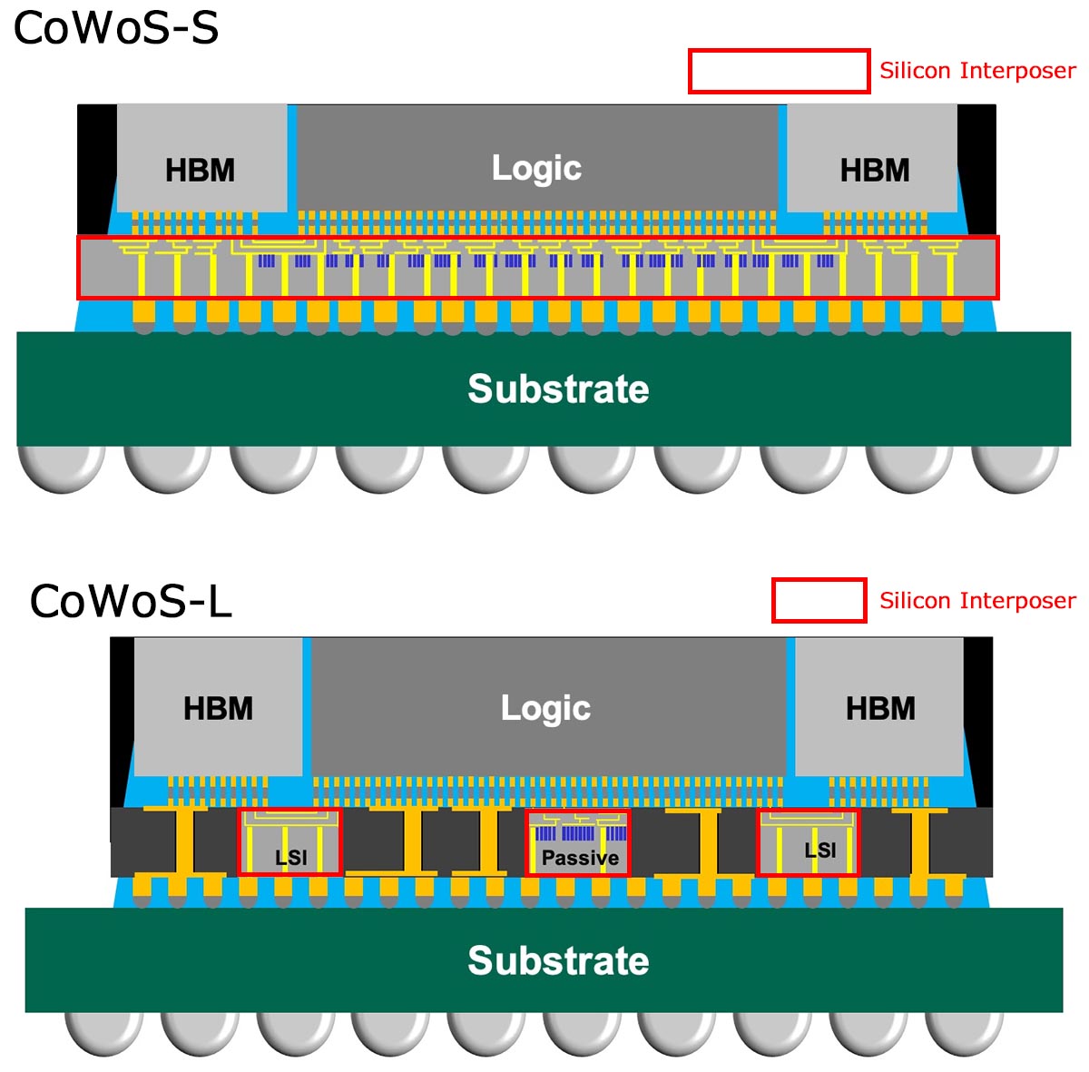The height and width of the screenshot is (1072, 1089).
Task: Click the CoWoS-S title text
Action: click(115, 28)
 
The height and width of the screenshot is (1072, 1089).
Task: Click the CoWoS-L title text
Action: click(131, 601)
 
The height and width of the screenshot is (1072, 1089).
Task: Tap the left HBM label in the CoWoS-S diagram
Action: click(200, 170)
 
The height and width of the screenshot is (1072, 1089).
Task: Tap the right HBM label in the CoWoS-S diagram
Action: click(874, 170)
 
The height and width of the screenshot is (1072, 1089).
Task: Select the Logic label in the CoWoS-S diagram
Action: click(536, 168)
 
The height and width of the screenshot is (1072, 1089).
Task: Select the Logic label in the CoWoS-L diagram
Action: click(545, 708)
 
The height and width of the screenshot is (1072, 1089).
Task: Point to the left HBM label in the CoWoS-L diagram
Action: click(218, 708)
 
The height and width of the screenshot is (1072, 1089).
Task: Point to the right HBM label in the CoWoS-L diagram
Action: click(880, 708)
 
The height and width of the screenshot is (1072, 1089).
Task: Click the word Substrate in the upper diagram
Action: click(558, 388)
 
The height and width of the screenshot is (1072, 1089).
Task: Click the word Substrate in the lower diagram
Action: click(558, 960)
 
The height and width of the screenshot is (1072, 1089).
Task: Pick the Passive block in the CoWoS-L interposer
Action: click(579, 844)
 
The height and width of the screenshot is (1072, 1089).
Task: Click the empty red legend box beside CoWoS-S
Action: click(779, 71)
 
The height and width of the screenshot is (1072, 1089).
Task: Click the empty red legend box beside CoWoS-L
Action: click(819, 601)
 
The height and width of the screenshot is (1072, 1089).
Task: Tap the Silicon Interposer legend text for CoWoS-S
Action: click(977, 71)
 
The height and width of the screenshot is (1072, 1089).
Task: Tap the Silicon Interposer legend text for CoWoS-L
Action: click(977, 601)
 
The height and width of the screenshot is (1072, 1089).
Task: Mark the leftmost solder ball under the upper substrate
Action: click(60, 467)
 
